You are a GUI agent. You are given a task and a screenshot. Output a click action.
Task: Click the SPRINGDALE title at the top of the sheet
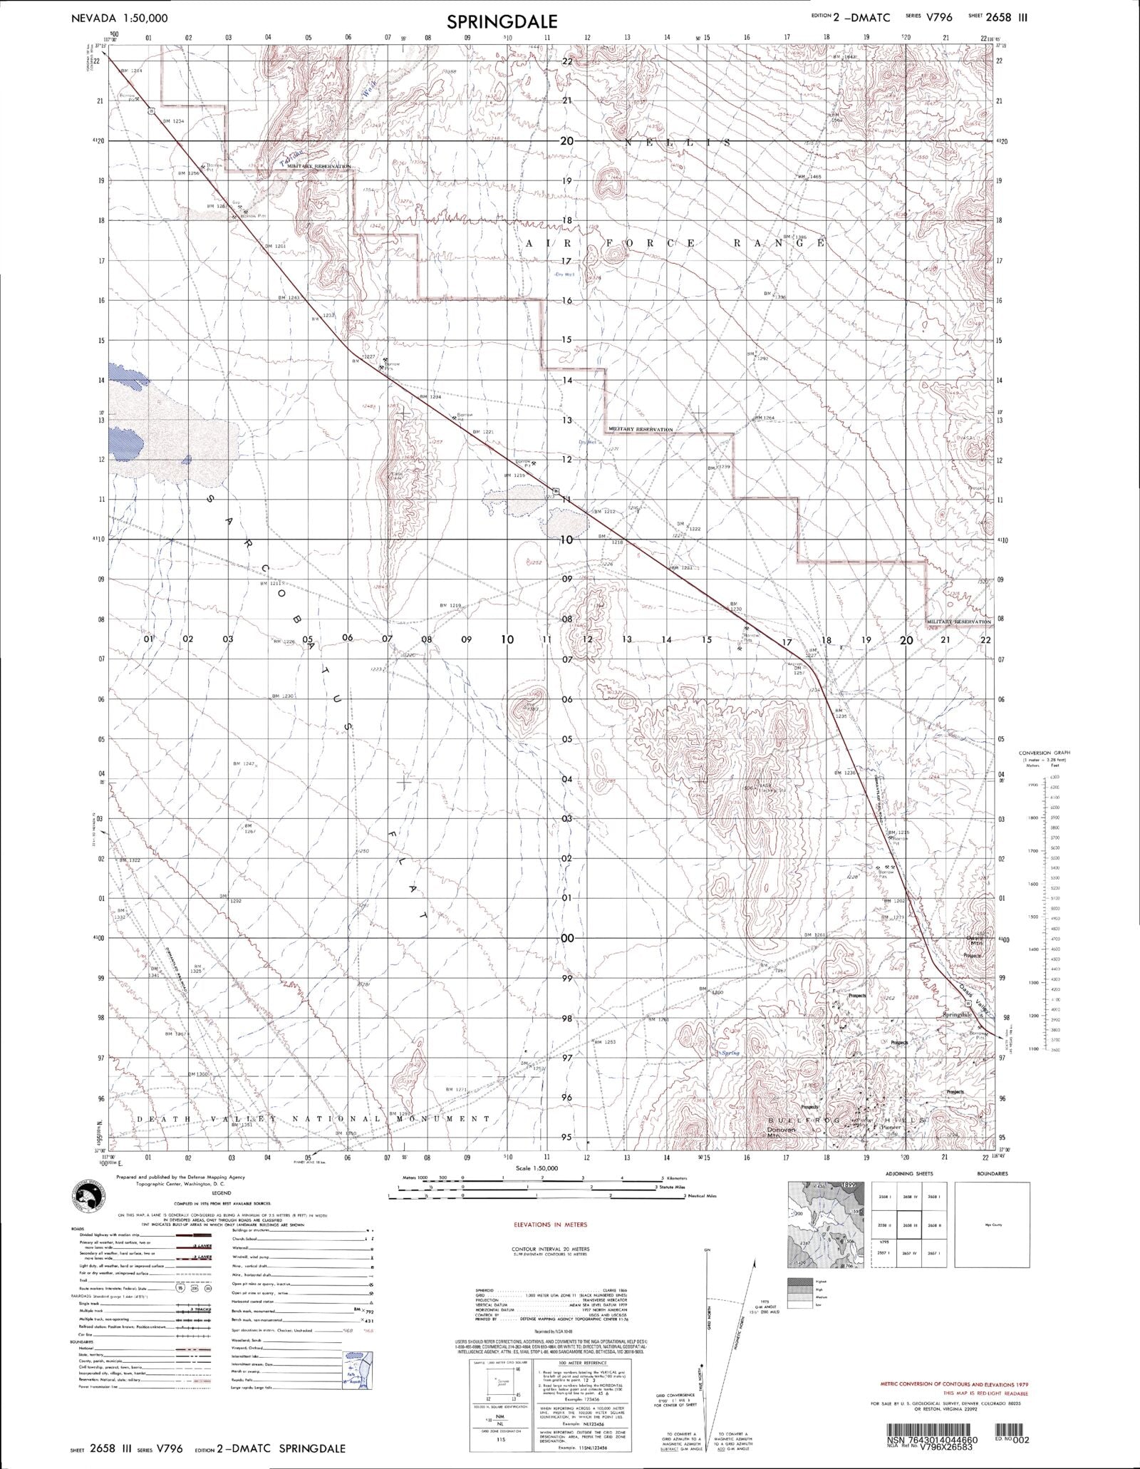pos(502,21)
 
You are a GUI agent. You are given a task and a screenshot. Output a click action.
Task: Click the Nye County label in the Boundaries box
pos(992,1225)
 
